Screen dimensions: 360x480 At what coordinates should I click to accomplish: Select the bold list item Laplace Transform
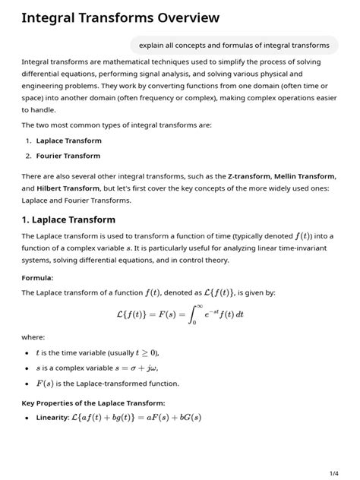[x=68, y=141]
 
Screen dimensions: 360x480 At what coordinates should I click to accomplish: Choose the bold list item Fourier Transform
[x=68, y=156]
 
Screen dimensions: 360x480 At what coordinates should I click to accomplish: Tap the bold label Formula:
[x=38, y=278]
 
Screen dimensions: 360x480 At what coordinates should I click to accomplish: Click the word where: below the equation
[x=33, y=337]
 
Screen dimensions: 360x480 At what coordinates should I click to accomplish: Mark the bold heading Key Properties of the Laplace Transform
[x=93, y=403]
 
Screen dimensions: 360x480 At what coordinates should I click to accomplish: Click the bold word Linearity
[x=52, y=418]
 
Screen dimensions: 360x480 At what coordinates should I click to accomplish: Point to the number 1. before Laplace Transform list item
[x=28, y=141]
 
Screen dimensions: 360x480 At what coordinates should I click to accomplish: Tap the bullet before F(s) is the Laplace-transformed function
[x=27, y=384]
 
